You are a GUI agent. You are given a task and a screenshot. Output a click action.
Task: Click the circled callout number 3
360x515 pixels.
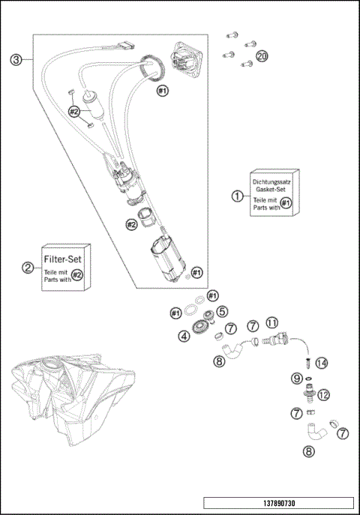pos(16,60)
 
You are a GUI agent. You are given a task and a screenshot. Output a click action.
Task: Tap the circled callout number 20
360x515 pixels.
pos(262,56)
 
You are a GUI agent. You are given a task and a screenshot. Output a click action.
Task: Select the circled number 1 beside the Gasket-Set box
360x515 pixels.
pos(238,196)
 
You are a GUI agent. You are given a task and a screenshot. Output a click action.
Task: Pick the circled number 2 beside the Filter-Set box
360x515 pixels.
pos(28,268)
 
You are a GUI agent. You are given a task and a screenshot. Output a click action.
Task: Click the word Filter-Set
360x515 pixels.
pos(63,259)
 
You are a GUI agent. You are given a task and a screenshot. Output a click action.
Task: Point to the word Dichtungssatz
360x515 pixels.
pos(271,181)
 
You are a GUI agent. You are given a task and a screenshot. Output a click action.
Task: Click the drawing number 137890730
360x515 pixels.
pos(279,503)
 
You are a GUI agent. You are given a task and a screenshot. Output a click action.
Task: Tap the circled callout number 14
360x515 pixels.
pos(322,363)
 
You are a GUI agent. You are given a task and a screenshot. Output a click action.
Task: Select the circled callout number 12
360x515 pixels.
pos(323,395)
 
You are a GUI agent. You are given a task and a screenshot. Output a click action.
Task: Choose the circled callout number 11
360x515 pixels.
pos(272,323)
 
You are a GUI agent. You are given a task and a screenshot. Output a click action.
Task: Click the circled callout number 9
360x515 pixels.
pos(297,379)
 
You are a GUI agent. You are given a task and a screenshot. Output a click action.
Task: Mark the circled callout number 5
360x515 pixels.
pos(222,311)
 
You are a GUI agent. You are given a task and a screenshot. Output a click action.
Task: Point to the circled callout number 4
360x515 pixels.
pos(184,336)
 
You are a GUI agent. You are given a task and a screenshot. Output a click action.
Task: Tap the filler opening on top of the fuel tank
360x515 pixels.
pos(52,363)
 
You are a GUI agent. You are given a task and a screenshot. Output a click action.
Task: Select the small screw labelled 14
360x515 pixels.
pos(307,364)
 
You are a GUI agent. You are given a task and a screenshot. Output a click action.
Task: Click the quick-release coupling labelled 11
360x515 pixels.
pos(275,339)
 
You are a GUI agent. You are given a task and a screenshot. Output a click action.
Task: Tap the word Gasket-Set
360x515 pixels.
pos(271,189)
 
